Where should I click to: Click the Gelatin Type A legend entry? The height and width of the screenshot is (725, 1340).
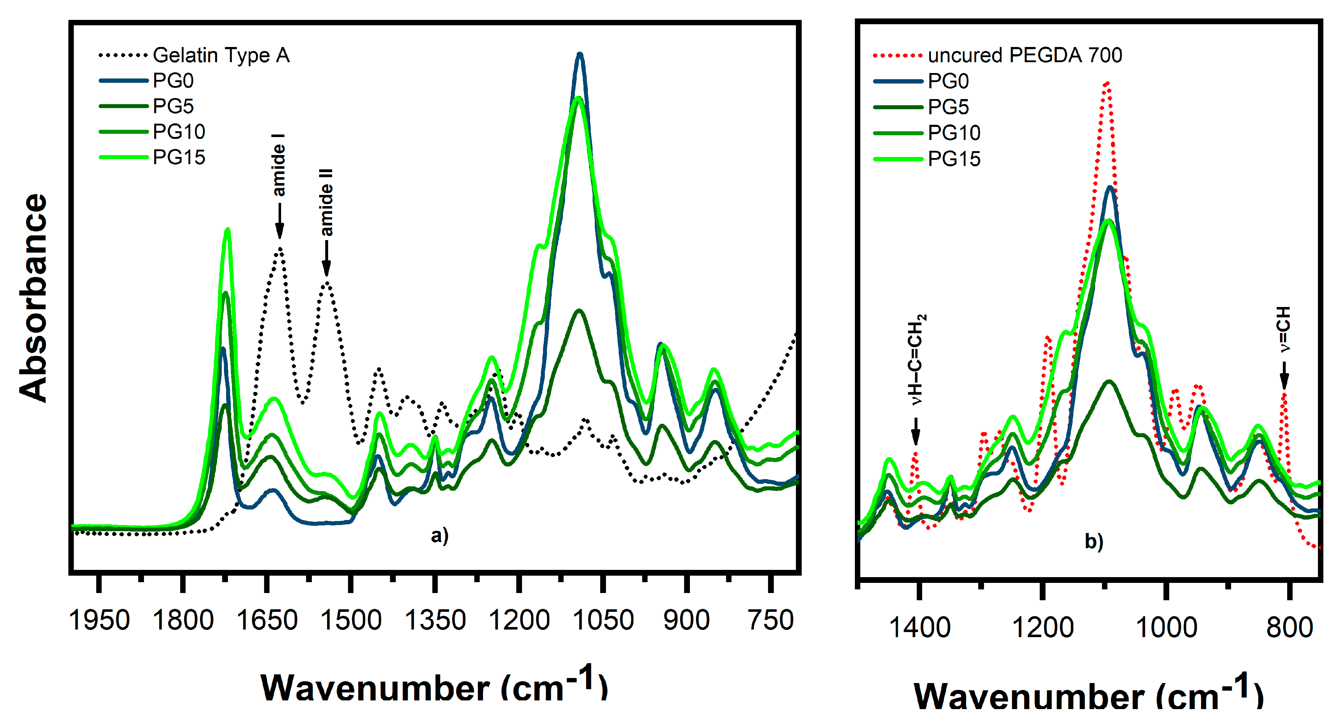[x=221, y=55]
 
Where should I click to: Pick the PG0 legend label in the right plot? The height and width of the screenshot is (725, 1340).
[x=948, y=81]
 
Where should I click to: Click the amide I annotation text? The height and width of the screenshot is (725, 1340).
[x=279, y=165]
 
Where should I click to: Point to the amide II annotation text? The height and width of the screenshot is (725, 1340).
[x=326, y=202]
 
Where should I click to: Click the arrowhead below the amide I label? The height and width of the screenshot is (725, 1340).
[x=279, y=231]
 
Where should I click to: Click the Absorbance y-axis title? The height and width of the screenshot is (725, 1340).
[x=33, y=298]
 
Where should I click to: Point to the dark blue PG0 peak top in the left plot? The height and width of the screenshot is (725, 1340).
[x=580, y=54]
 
